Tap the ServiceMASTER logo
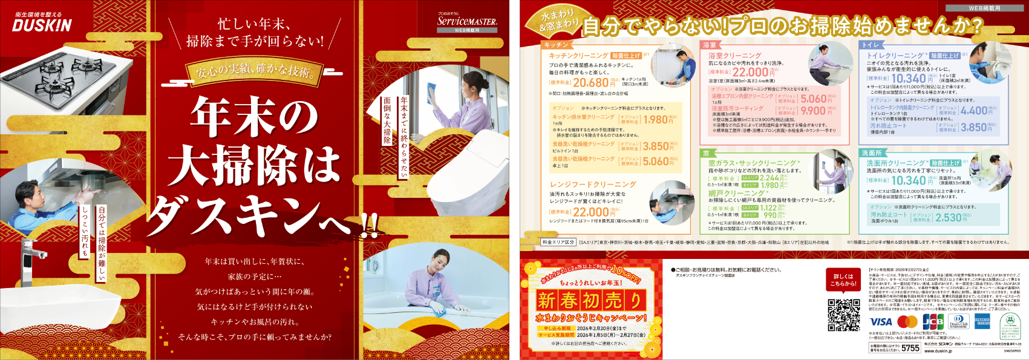466,21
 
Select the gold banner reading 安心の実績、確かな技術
255,72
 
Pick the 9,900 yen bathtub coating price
813,111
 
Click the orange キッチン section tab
556,45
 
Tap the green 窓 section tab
706,153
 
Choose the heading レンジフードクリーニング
592,184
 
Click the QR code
843,315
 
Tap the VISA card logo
880,322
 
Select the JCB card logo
932,322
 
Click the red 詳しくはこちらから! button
843,280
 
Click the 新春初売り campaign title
590,300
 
